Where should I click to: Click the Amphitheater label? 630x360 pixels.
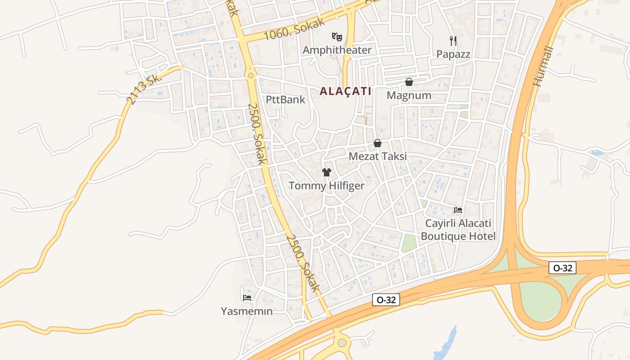337,50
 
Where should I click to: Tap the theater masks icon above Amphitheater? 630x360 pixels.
337,36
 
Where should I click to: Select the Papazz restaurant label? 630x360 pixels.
453,54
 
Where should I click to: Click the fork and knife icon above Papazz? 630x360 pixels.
453,41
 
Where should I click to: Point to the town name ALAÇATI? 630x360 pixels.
346,91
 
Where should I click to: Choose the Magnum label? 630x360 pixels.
409,95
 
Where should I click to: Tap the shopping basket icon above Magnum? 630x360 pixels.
409,82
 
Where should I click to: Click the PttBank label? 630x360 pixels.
285,99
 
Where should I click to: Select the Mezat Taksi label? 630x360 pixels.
378,156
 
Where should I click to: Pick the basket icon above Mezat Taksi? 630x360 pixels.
378,143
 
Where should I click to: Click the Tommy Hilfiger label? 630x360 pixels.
326,185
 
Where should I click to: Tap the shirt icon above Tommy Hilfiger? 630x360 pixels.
327,172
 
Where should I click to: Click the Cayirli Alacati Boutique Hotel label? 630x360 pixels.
458,230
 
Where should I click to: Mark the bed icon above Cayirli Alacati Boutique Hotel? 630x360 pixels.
458,210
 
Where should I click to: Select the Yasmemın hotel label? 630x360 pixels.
247,311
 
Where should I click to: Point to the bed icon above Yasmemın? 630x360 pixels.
247,297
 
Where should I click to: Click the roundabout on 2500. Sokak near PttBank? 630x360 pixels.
251,75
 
